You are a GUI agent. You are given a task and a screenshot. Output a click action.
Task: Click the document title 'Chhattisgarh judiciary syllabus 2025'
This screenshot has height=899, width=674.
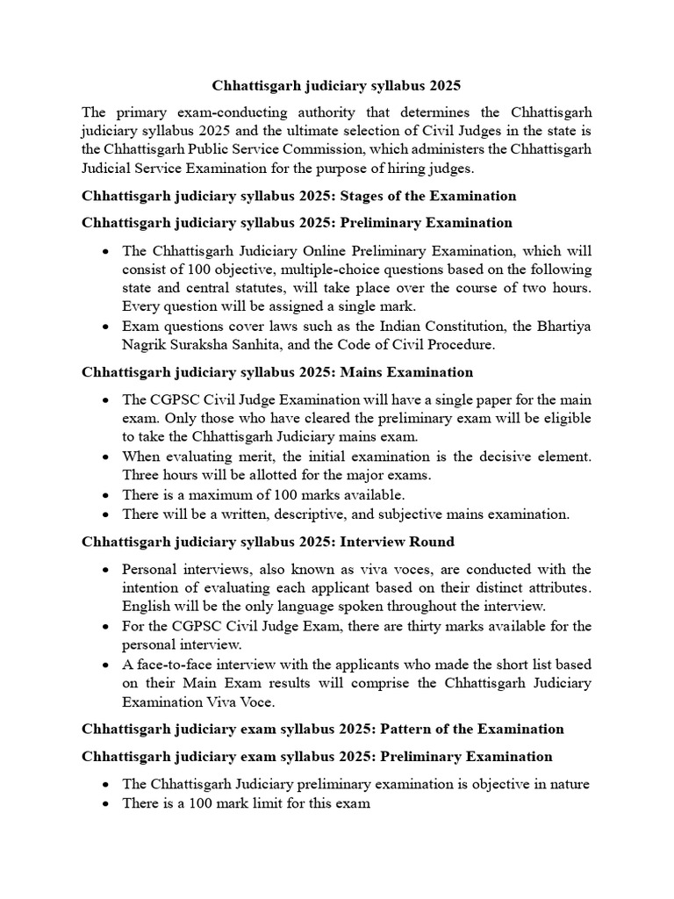(x=336, y=86)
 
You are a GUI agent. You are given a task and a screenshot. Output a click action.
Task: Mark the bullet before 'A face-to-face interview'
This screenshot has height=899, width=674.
(x=106, y=665)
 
